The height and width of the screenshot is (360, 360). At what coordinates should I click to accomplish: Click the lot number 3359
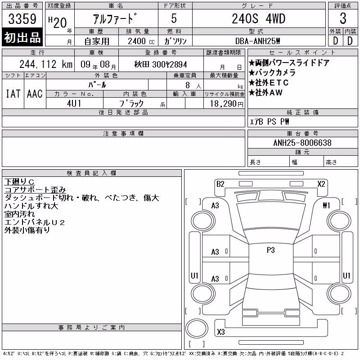(x=22, y=19)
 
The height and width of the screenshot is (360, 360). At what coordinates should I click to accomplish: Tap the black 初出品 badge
(x=22, y=37)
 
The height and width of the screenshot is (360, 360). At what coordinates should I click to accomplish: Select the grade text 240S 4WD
(x=258, y=18)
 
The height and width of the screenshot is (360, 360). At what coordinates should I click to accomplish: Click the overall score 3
(x=343, y=18)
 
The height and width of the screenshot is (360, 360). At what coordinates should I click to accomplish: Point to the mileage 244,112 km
(x=46, y=64)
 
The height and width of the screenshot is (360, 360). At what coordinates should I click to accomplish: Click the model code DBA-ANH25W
(x=257, y=41)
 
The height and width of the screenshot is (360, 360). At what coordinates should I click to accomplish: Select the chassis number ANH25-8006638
(x=302, y=143)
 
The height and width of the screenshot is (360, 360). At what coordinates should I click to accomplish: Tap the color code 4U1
(x=74, y=103)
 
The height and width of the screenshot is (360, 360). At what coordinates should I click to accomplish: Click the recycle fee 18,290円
(x=226, y=104)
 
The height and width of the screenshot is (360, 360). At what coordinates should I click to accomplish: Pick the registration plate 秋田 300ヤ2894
(x=161, y=64)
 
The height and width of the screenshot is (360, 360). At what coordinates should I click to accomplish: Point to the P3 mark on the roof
(x=271, y=250)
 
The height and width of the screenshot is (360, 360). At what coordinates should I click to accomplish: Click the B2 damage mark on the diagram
(x=220, y=184)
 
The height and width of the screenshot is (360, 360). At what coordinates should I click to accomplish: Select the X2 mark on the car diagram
(x=321, y=184)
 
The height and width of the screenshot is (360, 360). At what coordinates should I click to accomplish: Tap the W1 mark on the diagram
(x=326, y=205)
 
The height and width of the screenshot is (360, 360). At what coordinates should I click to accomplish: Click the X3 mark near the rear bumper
(x=220, y=332)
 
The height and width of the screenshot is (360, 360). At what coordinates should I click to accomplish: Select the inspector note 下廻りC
(x=19, y=182)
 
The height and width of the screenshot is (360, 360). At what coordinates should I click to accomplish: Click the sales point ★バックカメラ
(x=272, y=72)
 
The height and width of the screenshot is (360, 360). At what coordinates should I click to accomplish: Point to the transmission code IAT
(x=13, y=94)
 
